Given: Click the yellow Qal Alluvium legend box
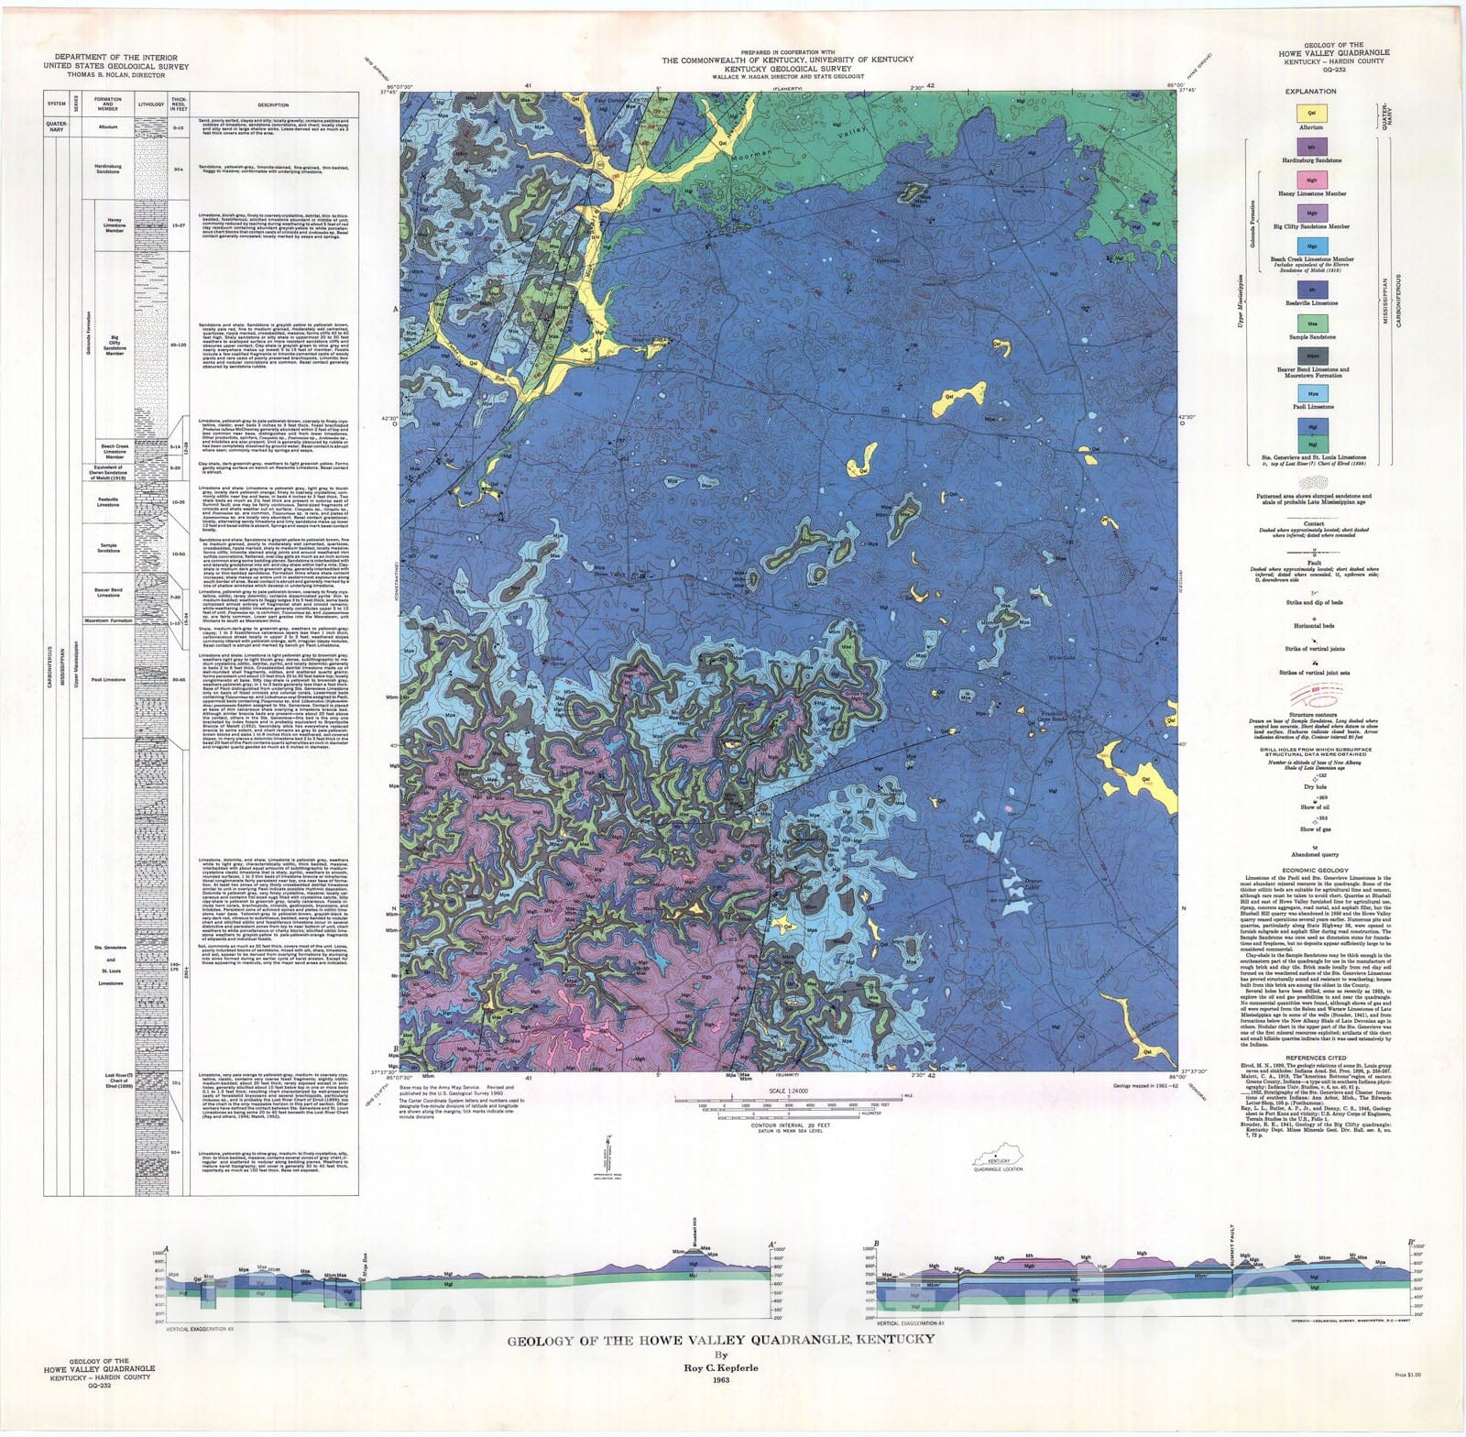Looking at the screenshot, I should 1311,112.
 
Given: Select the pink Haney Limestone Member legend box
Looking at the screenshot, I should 1311,180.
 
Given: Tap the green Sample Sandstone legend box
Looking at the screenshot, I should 1311,324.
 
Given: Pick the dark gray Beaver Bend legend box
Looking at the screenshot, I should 1311,356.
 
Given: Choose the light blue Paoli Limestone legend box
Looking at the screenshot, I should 1311,393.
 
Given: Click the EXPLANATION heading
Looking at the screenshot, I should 1311,92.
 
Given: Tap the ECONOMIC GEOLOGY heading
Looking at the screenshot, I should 1315,870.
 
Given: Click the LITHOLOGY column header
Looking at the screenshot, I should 150,104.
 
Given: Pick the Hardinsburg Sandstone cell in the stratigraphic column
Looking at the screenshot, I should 107,169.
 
